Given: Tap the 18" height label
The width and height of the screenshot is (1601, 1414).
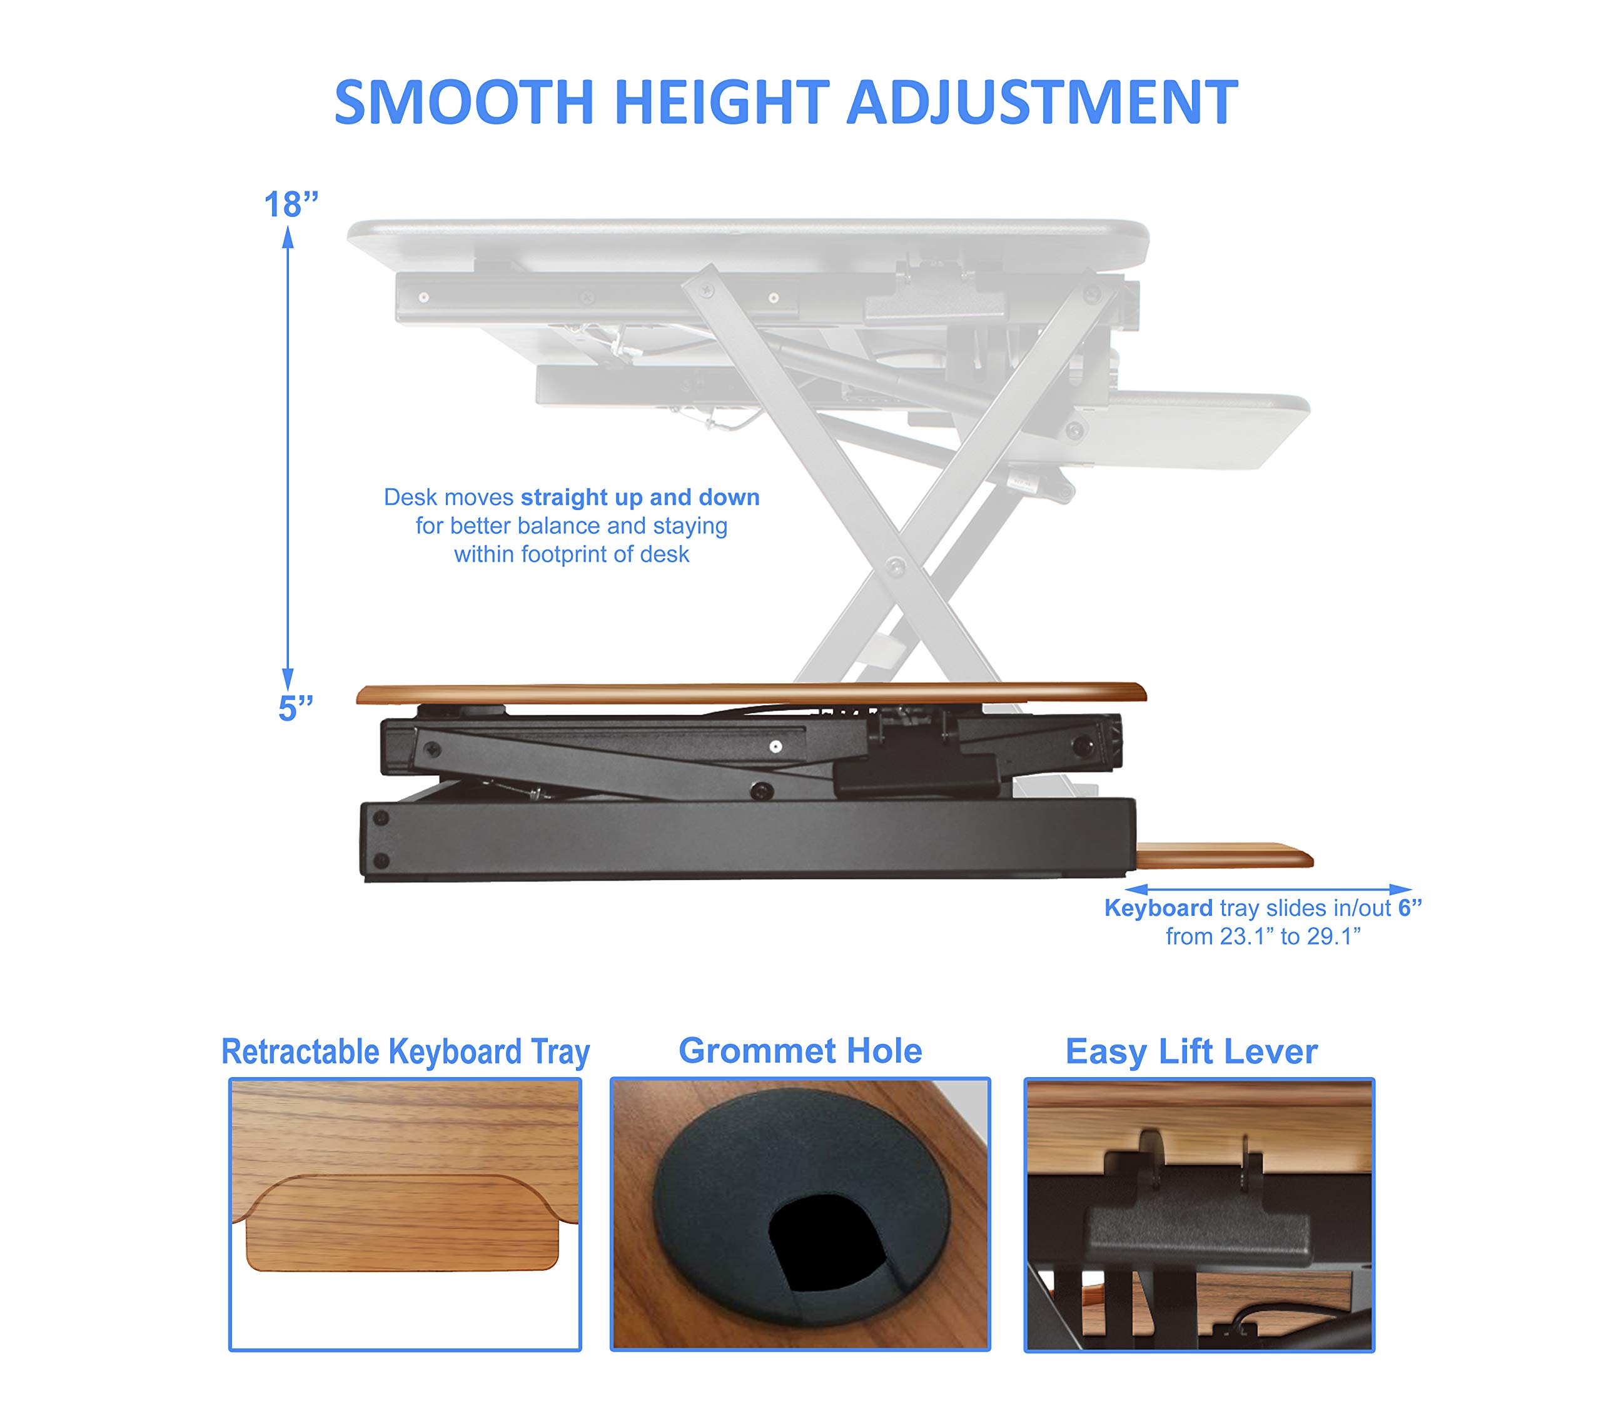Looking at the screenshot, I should (x=291, y=205).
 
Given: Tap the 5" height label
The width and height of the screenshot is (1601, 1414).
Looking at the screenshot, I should (x=295, y=709).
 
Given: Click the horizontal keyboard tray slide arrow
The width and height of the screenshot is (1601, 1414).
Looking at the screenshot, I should (x=1268, y=889).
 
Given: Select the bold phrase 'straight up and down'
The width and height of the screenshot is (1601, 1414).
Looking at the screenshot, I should (x=640, y=498).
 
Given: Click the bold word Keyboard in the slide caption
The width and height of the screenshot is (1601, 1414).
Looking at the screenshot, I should (x=1158, y=908).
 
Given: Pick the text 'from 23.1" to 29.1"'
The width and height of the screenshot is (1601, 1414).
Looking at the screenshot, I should (x=1263, y=936).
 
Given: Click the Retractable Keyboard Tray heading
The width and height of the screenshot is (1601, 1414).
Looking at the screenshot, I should (x=405, y=1051).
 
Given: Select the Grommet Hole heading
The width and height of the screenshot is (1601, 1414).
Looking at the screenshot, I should (x=800, y=1051).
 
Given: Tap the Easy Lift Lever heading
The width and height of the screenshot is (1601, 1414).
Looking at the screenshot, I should (x=1191, y=1051).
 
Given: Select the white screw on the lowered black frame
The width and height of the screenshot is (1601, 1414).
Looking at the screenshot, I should (x=775, y=747).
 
